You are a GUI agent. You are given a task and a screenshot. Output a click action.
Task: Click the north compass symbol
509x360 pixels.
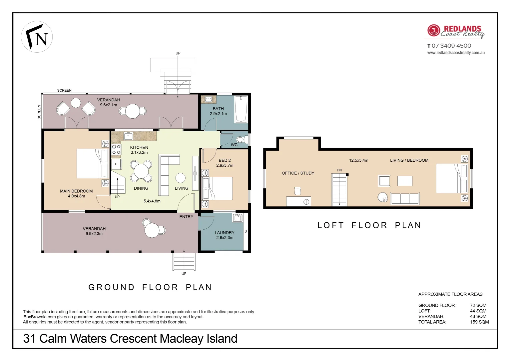coord(37,37)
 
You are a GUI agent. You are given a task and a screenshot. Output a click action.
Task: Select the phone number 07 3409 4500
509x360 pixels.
coord(451,46)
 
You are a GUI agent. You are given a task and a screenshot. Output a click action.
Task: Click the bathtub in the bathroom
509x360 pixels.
coord(241,109)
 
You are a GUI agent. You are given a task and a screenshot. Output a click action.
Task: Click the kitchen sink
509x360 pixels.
coord(128,136)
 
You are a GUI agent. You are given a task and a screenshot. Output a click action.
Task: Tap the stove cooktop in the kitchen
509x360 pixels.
coord(116,149)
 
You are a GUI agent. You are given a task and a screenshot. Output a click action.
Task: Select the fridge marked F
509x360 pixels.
coord(116,164)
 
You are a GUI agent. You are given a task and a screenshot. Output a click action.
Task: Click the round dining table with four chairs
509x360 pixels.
coord(141,171)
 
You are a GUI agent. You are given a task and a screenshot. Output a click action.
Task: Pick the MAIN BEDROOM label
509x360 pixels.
coord(76,191)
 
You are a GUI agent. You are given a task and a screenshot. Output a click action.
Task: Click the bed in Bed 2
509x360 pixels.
coord(217,189)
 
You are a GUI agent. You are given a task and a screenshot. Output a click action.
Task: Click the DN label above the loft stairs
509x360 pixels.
coord(339,170)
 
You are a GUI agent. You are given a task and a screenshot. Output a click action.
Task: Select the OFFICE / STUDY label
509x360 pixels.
coord(298,173)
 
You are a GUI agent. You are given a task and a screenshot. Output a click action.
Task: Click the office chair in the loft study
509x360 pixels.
coord(298,191)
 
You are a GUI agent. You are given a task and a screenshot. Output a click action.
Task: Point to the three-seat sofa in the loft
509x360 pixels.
coord(405,199)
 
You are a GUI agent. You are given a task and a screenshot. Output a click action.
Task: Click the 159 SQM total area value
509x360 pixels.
coord(479,322)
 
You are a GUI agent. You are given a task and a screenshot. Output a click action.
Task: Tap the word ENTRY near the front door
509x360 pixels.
coord(186,217)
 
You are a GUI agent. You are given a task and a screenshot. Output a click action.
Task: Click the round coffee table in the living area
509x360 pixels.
coord(181,178)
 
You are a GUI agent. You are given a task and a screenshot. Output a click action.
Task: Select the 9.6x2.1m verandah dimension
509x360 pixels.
coord(109,105)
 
